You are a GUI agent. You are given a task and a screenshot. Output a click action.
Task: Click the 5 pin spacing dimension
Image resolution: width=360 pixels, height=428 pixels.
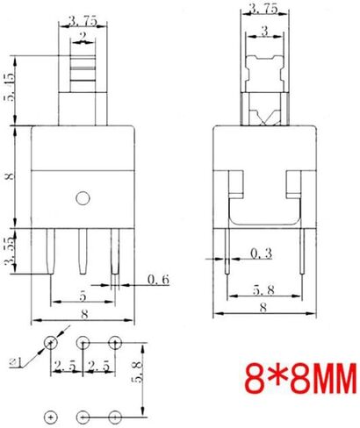(81, 296)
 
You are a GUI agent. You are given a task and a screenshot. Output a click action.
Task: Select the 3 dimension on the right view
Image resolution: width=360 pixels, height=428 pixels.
(264, 31)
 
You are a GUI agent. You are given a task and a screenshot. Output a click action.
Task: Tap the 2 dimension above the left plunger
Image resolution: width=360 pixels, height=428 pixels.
(83, 35)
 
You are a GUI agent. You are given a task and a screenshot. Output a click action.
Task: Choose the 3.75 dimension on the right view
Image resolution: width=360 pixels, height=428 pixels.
(263, 10)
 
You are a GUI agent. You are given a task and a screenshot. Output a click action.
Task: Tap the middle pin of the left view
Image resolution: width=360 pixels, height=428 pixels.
(83, 252)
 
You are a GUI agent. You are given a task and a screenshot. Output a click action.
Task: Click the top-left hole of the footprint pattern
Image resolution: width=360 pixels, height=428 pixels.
(52, 341)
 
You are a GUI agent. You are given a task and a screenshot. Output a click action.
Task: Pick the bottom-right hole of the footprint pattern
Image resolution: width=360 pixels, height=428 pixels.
(114, 414)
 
